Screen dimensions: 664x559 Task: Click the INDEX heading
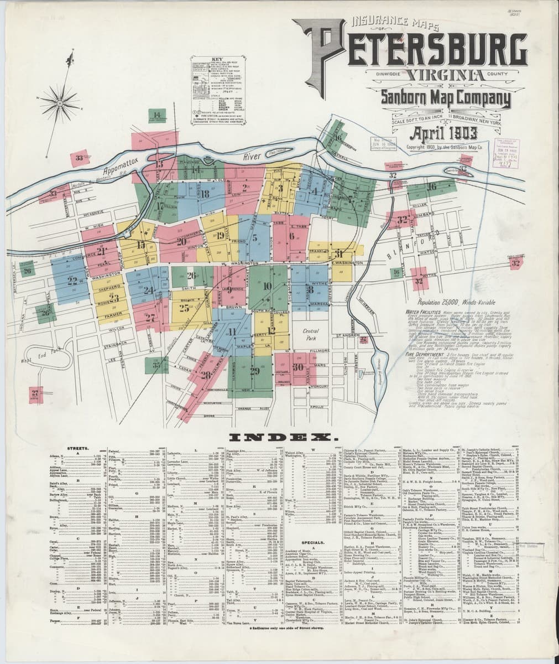click(x=279, y=439)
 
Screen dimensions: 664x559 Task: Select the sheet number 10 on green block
click(x=268, y=286)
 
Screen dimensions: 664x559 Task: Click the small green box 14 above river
click(x=157, y=116)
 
